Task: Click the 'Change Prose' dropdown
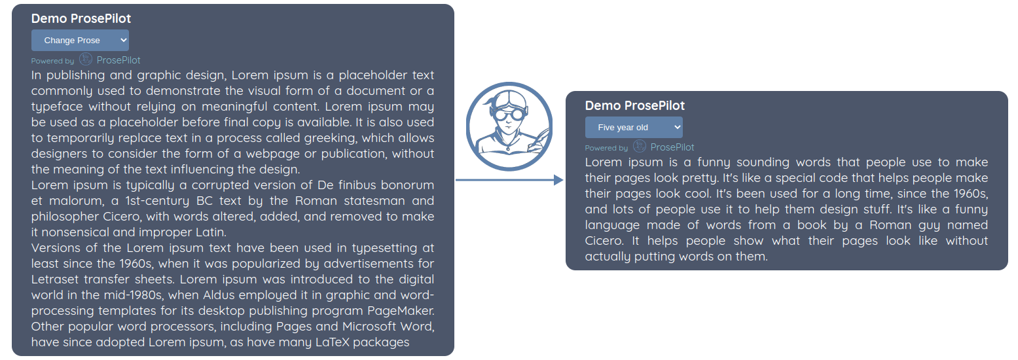coord(80,41)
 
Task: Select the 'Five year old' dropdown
coord(633,128)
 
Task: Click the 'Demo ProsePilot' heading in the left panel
coord(81,19)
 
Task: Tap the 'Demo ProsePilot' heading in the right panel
coord(634,106)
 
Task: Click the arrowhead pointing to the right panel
coord(558,180)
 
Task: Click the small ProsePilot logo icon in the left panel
coord(86,60)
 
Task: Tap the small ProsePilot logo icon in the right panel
coord(640,147)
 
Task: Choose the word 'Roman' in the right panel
coord(875,225)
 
